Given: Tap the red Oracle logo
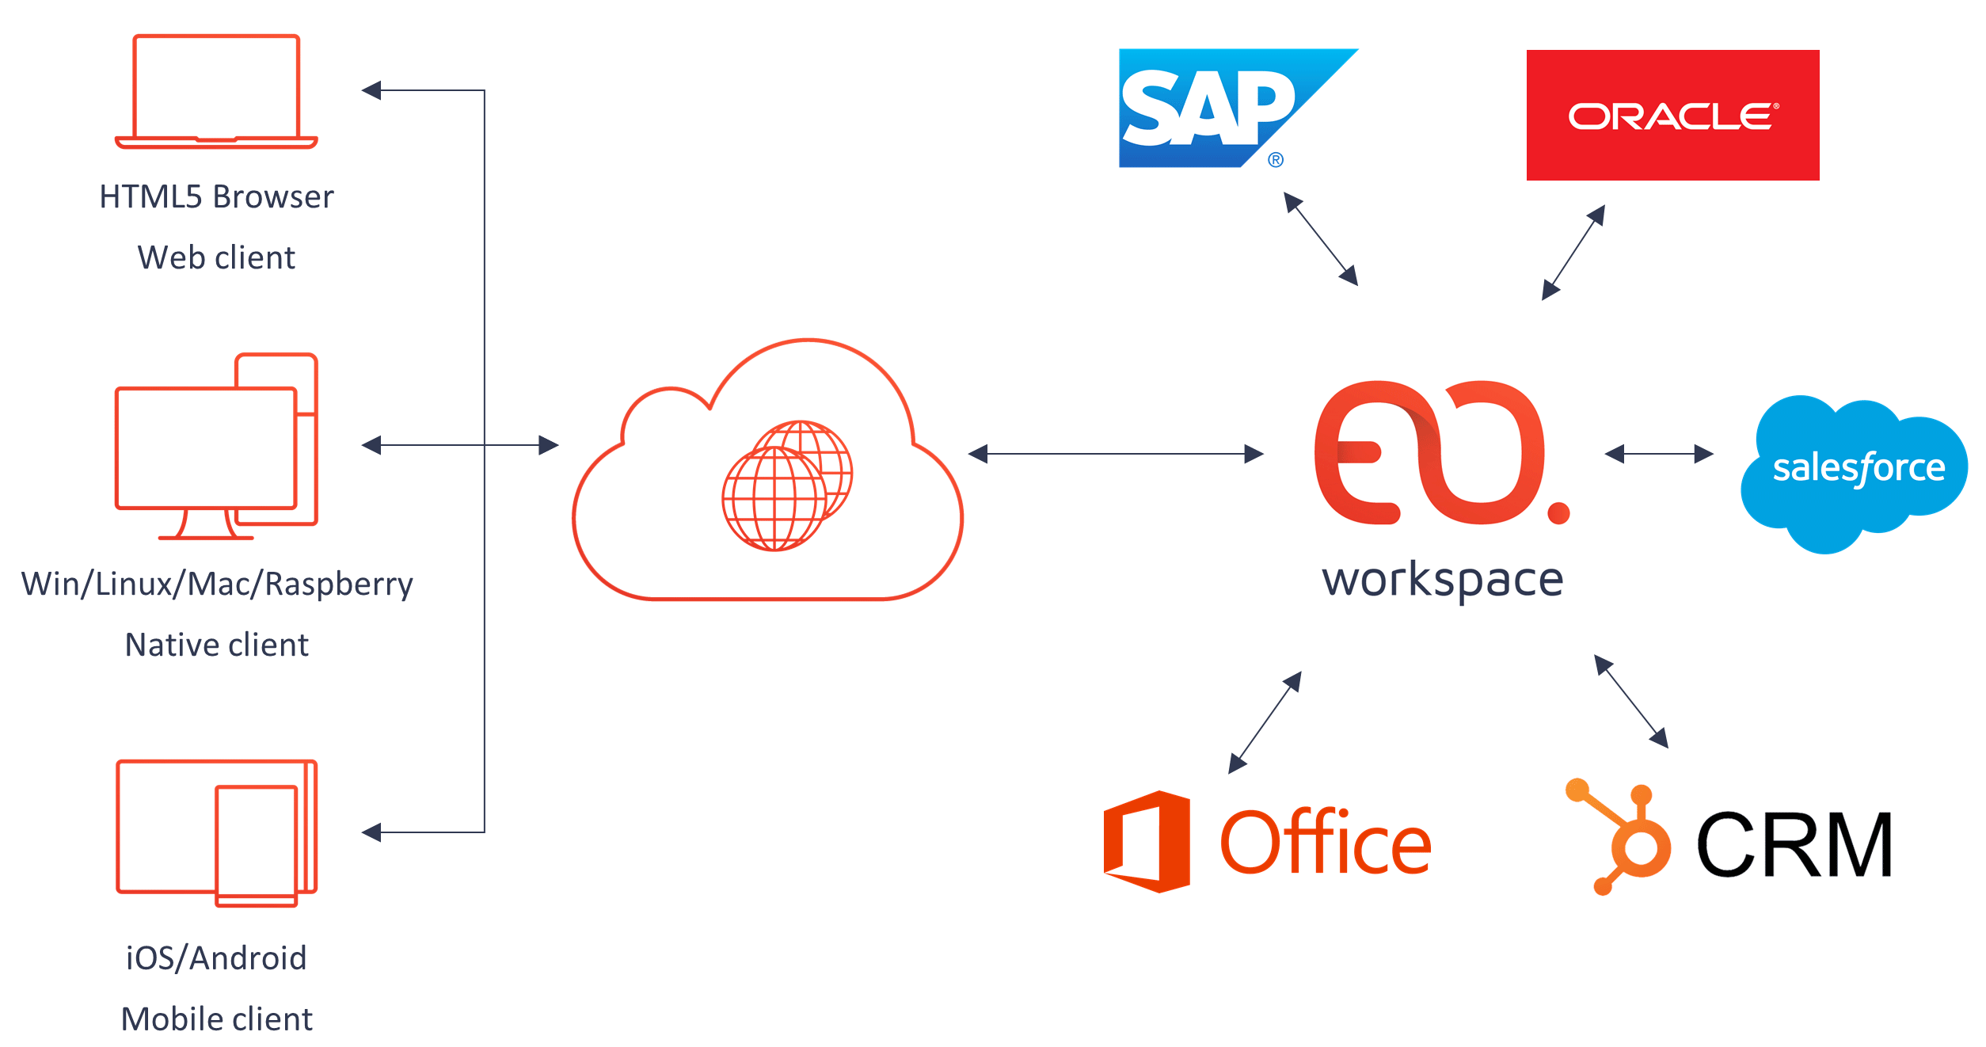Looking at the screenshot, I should (1672, 116).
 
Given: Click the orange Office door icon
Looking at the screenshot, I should (1147, 841).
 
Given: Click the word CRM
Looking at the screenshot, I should (1794, 845).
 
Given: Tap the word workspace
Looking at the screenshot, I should (1442, 581).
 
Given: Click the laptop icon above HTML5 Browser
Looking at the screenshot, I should (216, 91).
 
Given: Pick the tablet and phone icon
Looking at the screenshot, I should (216, 832).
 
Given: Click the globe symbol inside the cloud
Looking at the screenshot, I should (786, 485).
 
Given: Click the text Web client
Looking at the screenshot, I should (216, 257).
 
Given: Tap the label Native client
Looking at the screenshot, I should (216, 645).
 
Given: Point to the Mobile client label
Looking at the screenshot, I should (216, 1019).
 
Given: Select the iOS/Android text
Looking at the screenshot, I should (216, 958).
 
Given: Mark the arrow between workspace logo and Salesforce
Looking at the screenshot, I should (1658, 454).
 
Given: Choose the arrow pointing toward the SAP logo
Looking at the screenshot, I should (1320, 238).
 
